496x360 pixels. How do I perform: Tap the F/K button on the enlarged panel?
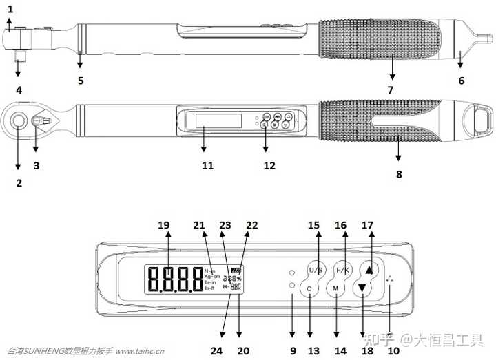342,269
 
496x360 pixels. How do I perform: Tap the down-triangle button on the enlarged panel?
362,288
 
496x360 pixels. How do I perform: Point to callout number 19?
163,225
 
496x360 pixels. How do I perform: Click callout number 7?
390,89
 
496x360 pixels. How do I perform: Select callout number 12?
269,165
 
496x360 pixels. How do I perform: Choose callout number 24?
216,350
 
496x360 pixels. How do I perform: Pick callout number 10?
393,350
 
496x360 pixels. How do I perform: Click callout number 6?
462,81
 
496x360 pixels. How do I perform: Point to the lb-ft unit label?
211,288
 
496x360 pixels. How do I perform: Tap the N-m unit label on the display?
210,271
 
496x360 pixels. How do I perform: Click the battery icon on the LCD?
237,270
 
